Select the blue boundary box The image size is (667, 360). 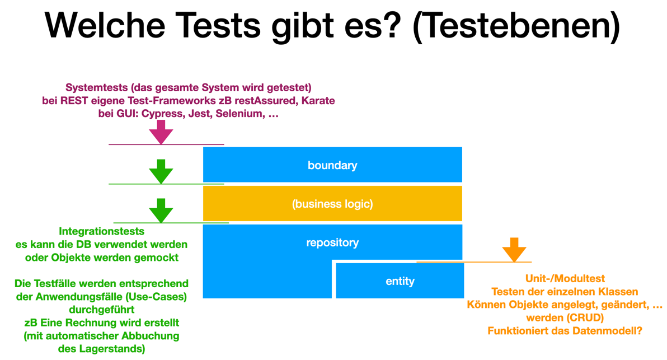[x=332, y=165]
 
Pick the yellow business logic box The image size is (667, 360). [x=332, y=204]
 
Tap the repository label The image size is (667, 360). [x=332, y=242]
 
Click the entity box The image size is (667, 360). [x=400, y=280]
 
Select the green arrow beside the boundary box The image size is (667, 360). [x=161, y=171]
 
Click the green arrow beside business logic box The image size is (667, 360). [x=161, y=211]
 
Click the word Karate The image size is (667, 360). [x=317, y=101]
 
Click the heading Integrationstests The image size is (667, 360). [x=101, y=231]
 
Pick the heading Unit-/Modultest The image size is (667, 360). [x=565, y=278]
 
